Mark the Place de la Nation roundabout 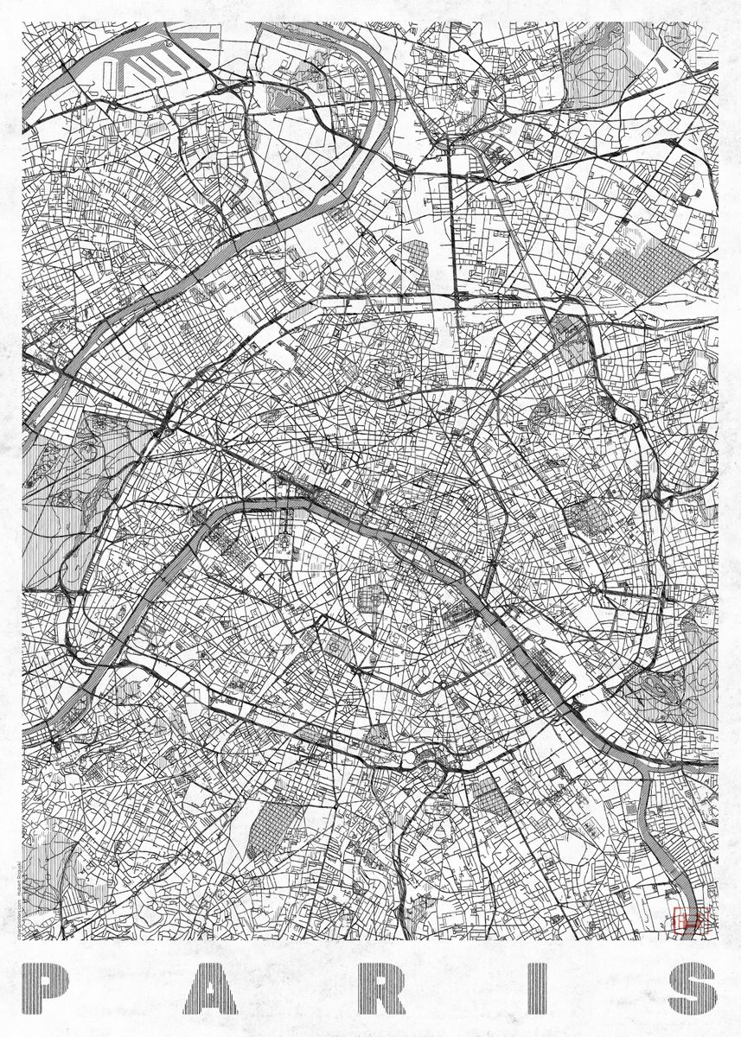point(596,590)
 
